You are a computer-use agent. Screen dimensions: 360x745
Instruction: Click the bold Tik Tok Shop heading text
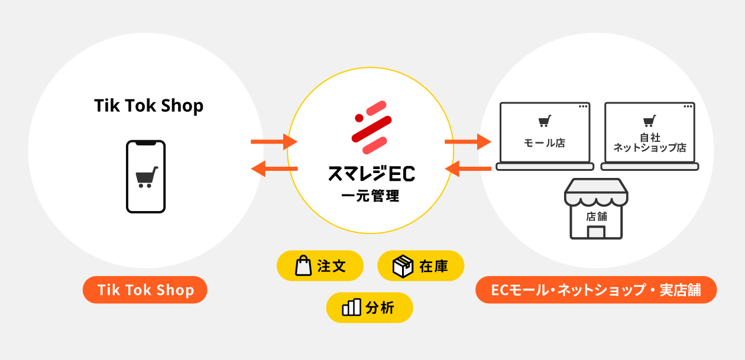tap(148, 106)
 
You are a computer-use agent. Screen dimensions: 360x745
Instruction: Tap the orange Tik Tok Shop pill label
tap(145, 290)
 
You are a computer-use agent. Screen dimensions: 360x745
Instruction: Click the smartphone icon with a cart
tap(145, 176)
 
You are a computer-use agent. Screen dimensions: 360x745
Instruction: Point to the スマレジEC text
tap(371, 174)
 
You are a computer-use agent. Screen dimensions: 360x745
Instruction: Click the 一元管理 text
tap(371, 195)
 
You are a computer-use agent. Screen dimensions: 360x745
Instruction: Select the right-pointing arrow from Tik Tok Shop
tap(273, 142)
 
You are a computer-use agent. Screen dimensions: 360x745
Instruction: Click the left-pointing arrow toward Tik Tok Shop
tap(273, 170)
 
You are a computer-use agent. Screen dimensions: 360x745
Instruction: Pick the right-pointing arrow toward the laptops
tap(467, 142)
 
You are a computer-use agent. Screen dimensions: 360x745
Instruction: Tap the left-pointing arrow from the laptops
tap(467, 170)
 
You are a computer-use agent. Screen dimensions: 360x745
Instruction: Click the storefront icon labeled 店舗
tap(595, 209)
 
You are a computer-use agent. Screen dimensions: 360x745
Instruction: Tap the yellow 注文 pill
tap(320, 266)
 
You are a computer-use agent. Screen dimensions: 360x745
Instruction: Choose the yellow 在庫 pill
tap(420, 266)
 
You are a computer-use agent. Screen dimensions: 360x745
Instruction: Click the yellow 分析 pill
tap(370, 307)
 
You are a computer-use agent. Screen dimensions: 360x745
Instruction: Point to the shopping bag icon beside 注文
tap(303, 266)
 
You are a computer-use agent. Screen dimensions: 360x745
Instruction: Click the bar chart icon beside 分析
tap(351, 307)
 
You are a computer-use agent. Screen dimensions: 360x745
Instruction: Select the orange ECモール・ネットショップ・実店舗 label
tap(596, 290)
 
